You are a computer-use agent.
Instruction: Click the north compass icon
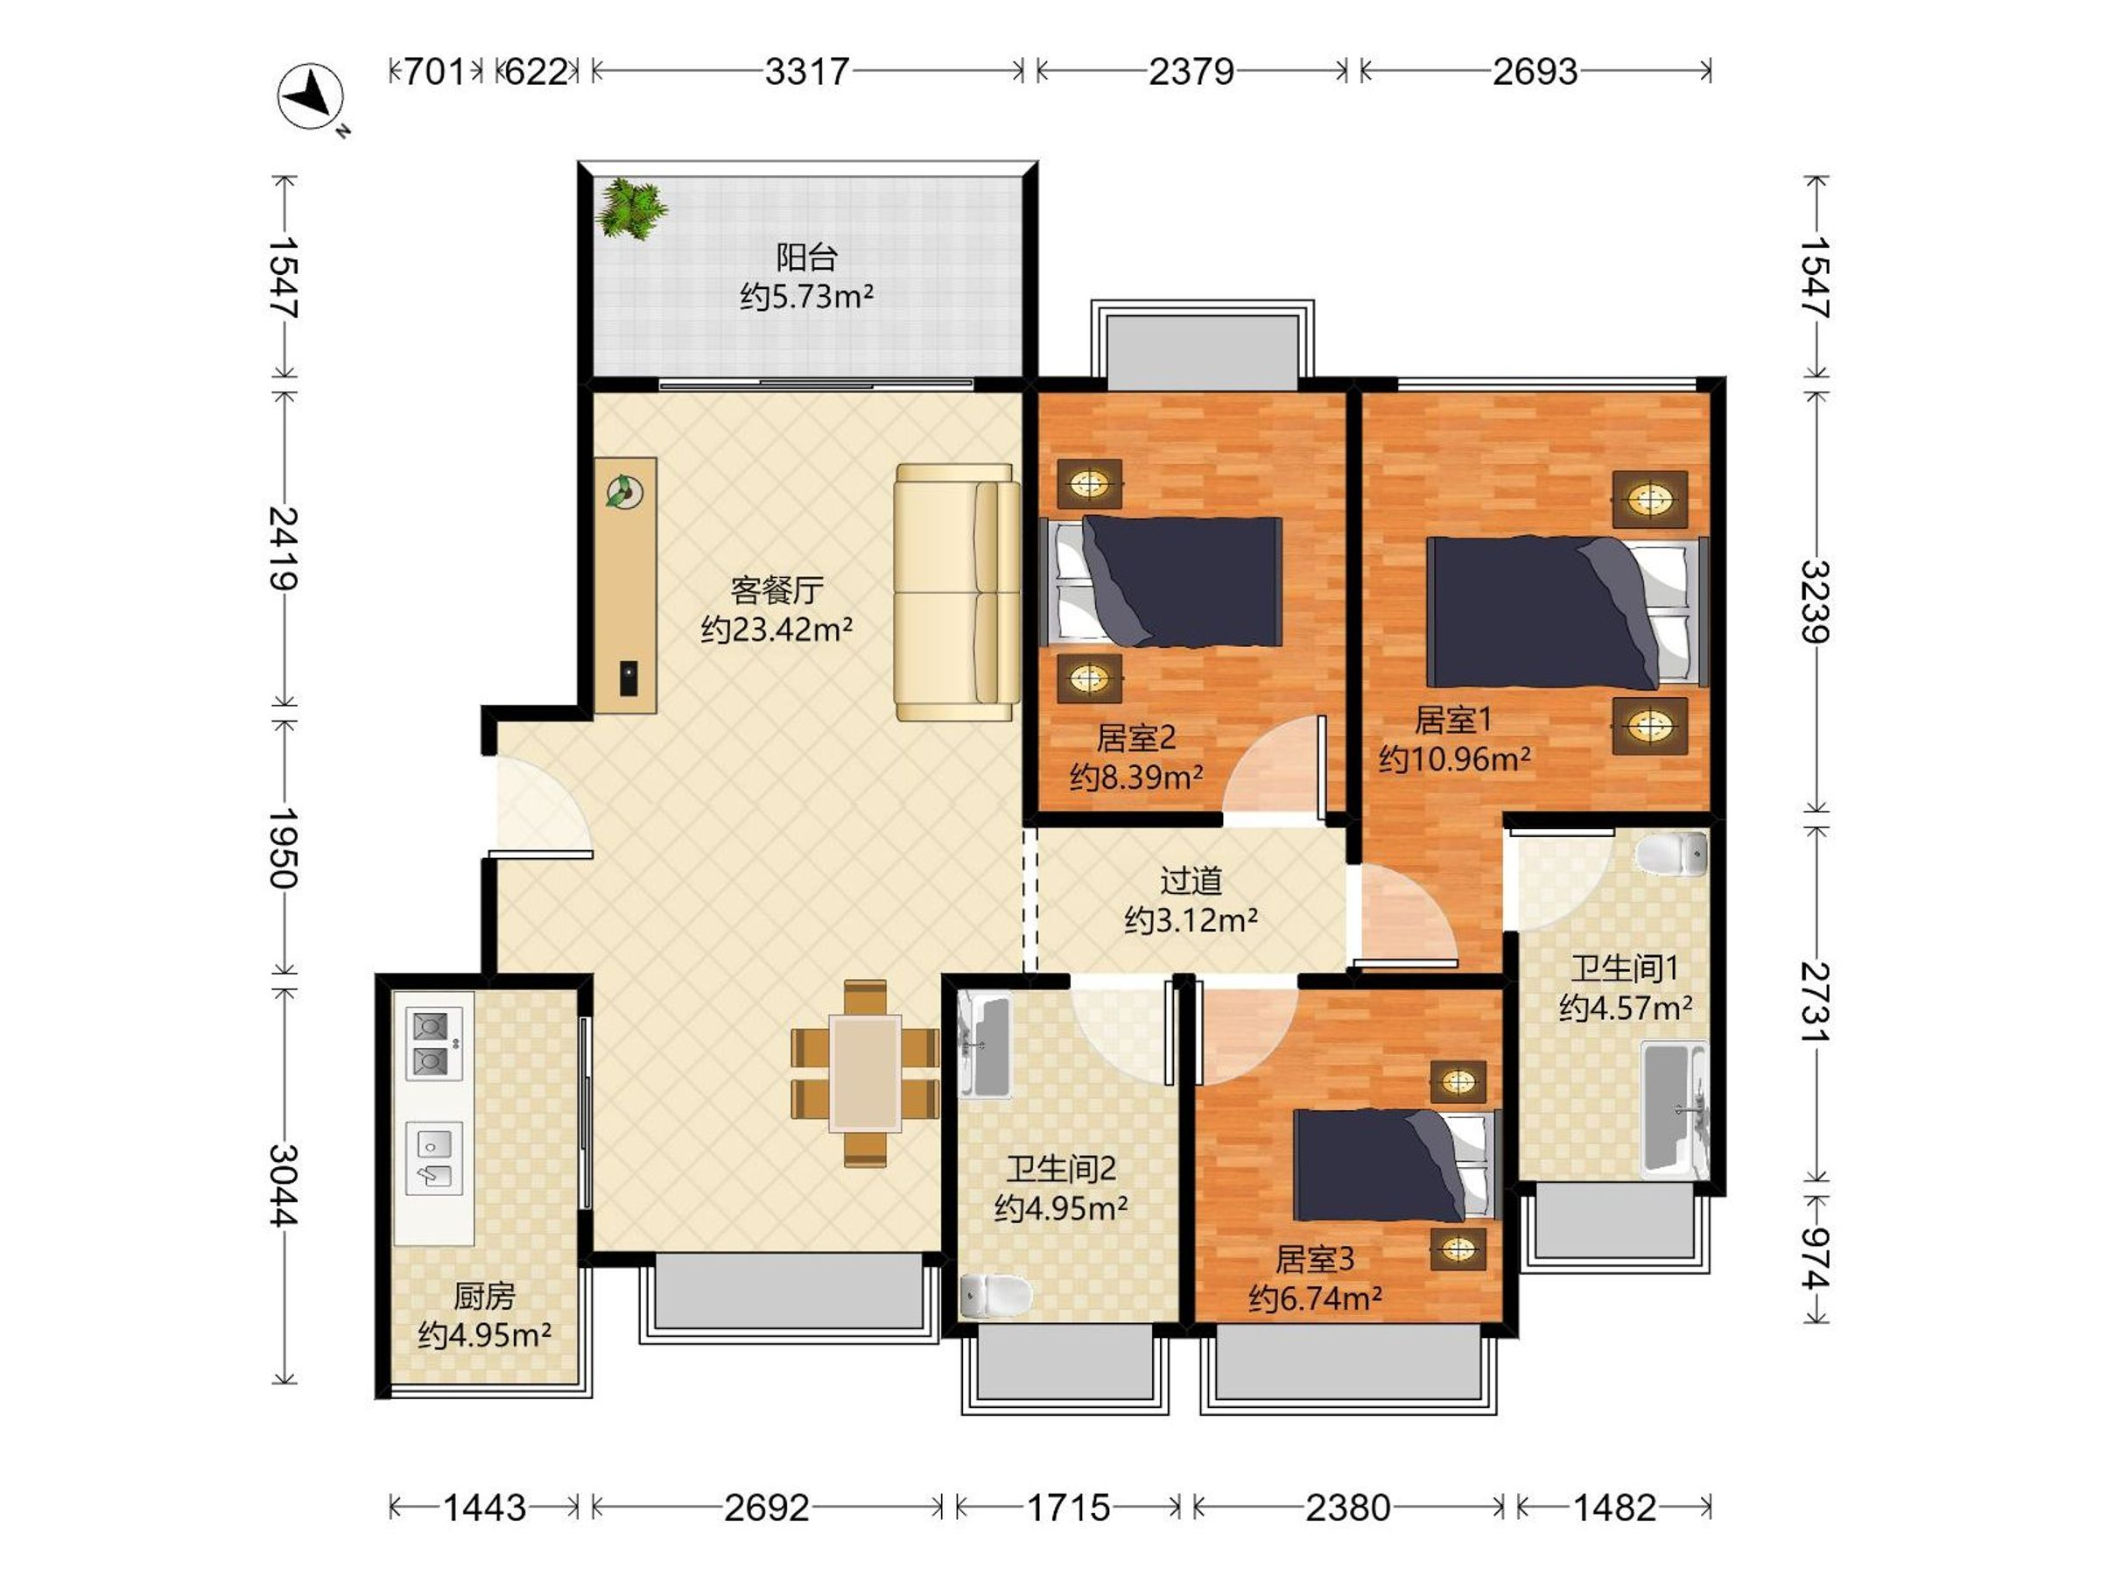(x=311, y=97)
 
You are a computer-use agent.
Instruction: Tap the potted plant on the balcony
(x=629, y=208)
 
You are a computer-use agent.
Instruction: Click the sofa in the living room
(x=957, y=593)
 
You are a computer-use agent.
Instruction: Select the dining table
(x=865, y=1073)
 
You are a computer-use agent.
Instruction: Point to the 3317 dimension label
(x=806, y=71)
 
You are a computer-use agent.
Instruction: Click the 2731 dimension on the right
(x=1815, y=1002)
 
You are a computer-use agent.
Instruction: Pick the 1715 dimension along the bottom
(x=1069, y=1508)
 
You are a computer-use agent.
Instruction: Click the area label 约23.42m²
(x=777, y=629)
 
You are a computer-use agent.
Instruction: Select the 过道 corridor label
(x=1191, y=881)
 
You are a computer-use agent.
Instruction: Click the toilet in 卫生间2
(x=995, y=1295)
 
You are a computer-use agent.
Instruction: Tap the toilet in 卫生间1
(x=1672, y=853)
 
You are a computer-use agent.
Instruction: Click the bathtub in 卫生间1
(x=1676, y=1108)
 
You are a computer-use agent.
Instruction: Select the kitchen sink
(x=434, y=1158)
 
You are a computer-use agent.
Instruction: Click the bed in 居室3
(x=1395, y=1165)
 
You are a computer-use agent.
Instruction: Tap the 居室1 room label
(x=1453, y=720)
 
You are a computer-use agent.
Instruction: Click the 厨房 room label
(x=484, y=1296)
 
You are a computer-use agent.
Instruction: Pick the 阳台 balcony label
(x=806, y=257)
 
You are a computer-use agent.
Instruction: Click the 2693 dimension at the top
(x=1535, y=71)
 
